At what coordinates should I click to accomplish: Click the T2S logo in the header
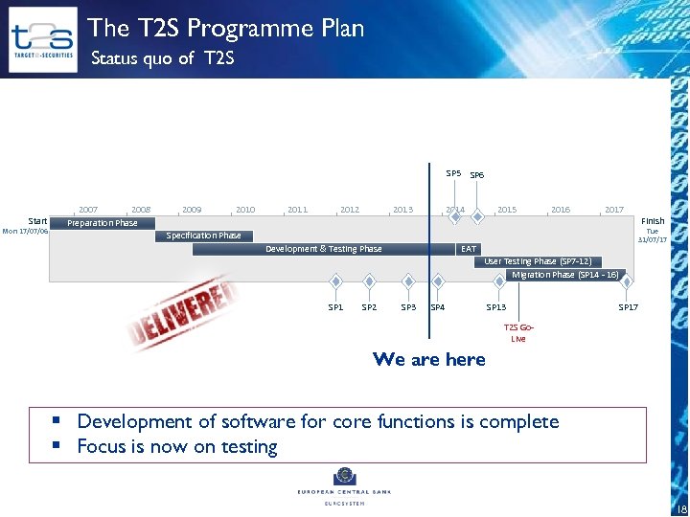[42, 39]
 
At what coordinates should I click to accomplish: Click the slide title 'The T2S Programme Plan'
[226, 28]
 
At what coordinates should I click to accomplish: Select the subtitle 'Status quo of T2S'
[162, 59]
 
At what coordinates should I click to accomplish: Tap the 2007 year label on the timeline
[88, 210]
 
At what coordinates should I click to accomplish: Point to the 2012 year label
[350, 210]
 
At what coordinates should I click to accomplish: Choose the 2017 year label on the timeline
[614, 210]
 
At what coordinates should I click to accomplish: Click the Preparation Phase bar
[102, 223]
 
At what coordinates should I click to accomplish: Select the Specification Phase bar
[203, 236]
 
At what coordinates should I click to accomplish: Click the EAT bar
[469, 249]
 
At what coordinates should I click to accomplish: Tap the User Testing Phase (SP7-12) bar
[538, 261]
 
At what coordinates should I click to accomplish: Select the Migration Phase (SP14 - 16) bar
[565, 275]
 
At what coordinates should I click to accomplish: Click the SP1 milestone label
[335, 307]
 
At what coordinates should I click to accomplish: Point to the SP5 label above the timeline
[453, 173]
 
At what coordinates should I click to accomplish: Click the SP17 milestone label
[628, 307]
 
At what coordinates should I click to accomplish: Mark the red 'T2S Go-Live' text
[518, 332]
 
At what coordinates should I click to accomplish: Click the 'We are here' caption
[429, 359]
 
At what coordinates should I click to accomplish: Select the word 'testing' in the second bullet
[251, 447]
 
